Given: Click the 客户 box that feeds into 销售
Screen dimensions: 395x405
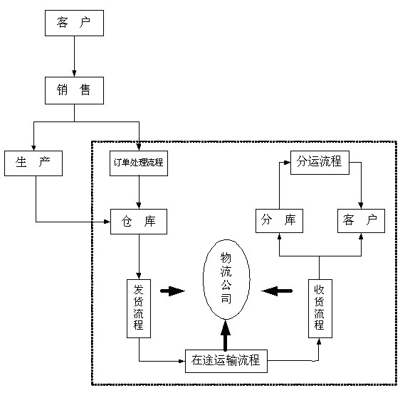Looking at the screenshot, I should tap(74, 23).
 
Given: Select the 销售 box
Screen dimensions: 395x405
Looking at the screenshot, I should tap(74, 90).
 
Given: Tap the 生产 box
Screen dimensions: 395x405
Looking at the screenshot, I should tap(33, 163).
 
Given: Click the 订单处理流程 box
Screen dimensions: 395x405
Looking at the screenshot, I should tap(138, 163).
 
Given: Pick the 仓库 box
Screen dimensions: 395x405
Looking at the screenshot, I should tap(139, 222).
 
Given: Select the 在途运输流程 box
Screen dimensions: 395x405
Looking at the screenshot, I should tap(226, 361).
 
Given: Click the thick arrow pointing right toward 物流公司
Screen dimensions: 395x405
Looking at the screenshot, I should tap(172, 291).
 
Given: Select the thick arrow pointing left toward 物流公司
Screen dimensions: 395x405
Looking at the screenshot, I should tap(277, 290).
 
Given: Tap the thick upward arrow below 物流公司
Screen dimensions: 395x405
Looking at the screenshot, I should tap(226, 335).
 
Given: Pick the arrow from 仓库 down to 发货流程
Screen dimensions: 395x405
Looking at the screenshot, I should tap(139, 256).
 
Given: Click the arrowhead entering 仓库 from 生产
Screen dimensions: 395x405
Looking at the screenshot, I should tap(106, 222).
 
